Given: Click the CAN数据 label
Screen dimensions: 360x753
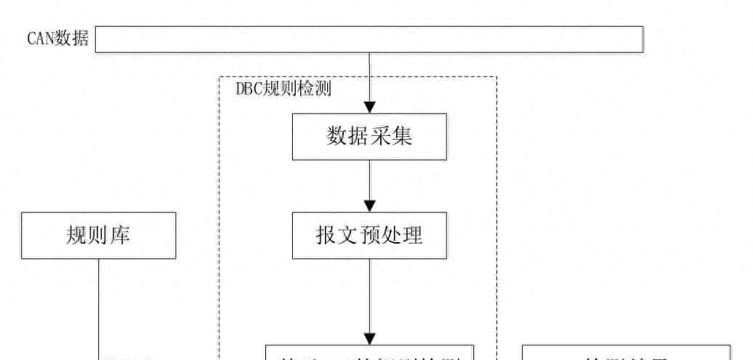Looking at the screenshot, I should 58,39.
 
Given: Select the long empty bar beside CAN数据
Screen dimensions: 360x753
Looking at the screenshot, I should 369,39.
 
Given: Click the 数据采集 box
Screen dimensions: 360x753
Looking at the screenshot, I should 369,136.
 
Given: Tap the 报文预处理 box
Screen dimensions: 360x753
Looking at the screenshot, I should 369,236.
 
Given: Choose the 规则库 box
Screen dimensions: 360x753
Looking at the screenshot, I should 98,236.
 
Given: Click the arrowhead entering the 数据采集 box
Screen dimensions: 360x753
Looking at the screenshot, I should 369,107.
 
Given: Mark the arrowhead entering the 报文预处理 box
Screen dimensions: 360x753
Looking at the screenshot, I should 369,207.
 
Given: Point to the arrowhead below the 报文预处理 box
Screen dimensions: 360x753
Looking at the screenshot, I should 369,339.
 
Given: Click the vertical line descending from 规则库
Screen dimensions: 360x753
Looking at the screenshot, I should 99,305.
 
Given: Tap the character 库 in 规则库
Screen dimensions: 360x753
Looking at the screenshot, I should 120,236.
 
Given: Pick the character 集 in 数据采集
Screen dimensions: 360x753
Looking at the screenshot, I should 401,136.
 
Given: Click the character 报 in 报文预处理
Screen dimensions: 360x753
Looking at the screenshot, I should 326,236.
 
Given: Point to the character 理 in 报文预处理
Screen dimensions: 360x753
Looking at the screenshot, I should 412,236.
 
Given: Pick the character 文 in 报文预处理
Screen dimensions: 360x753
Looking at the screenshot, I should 348,236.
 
